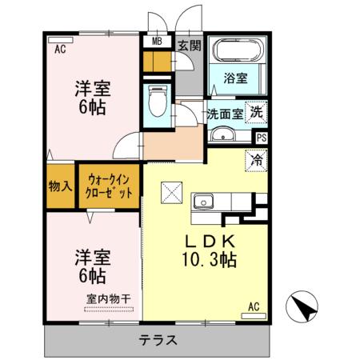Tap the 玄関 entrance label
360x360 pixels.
click(x=189, y=45)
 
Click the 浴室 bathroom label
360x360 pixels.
click(x=236, y=79)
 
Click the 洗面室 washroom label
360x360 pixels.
click(x=225, y=114)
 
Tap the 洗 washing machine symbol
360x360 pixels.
click(x=256, y=113)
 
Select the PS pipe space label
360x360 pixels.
click(x=261, y=137)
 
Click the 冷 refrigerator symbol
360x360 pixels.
click(x=257, y=158)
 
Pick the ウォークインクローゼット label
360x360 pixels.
click(x=110, y=186)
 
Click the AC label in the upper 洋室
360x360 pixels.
click(x=59, y=48)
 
